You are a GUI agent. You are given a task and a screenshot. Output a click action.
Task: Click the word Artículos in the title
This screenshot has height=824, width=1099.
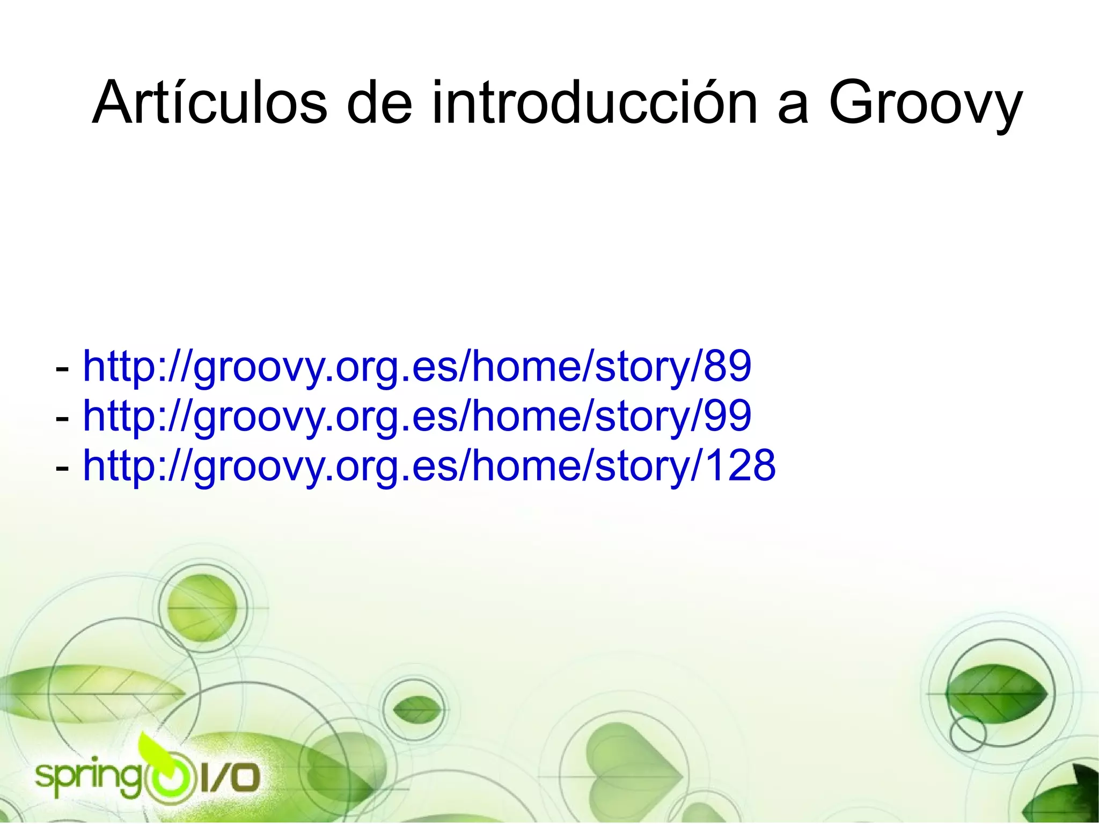pyautogui.click(x=209, y=103)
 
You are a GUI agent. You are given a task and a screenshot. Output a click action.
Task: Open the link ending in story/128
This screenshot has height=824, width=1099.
pyautogui.click(x=429, y=466)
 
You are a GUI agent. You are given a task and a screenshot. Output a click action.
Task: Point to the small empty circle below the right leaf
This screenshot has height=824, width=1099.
pyautogui.click(x=968, y=733)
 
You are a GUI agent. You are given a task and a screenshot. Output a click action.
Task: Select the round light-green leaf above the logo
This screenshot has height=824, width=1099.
pyautogui.click(x=202, y=607)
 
